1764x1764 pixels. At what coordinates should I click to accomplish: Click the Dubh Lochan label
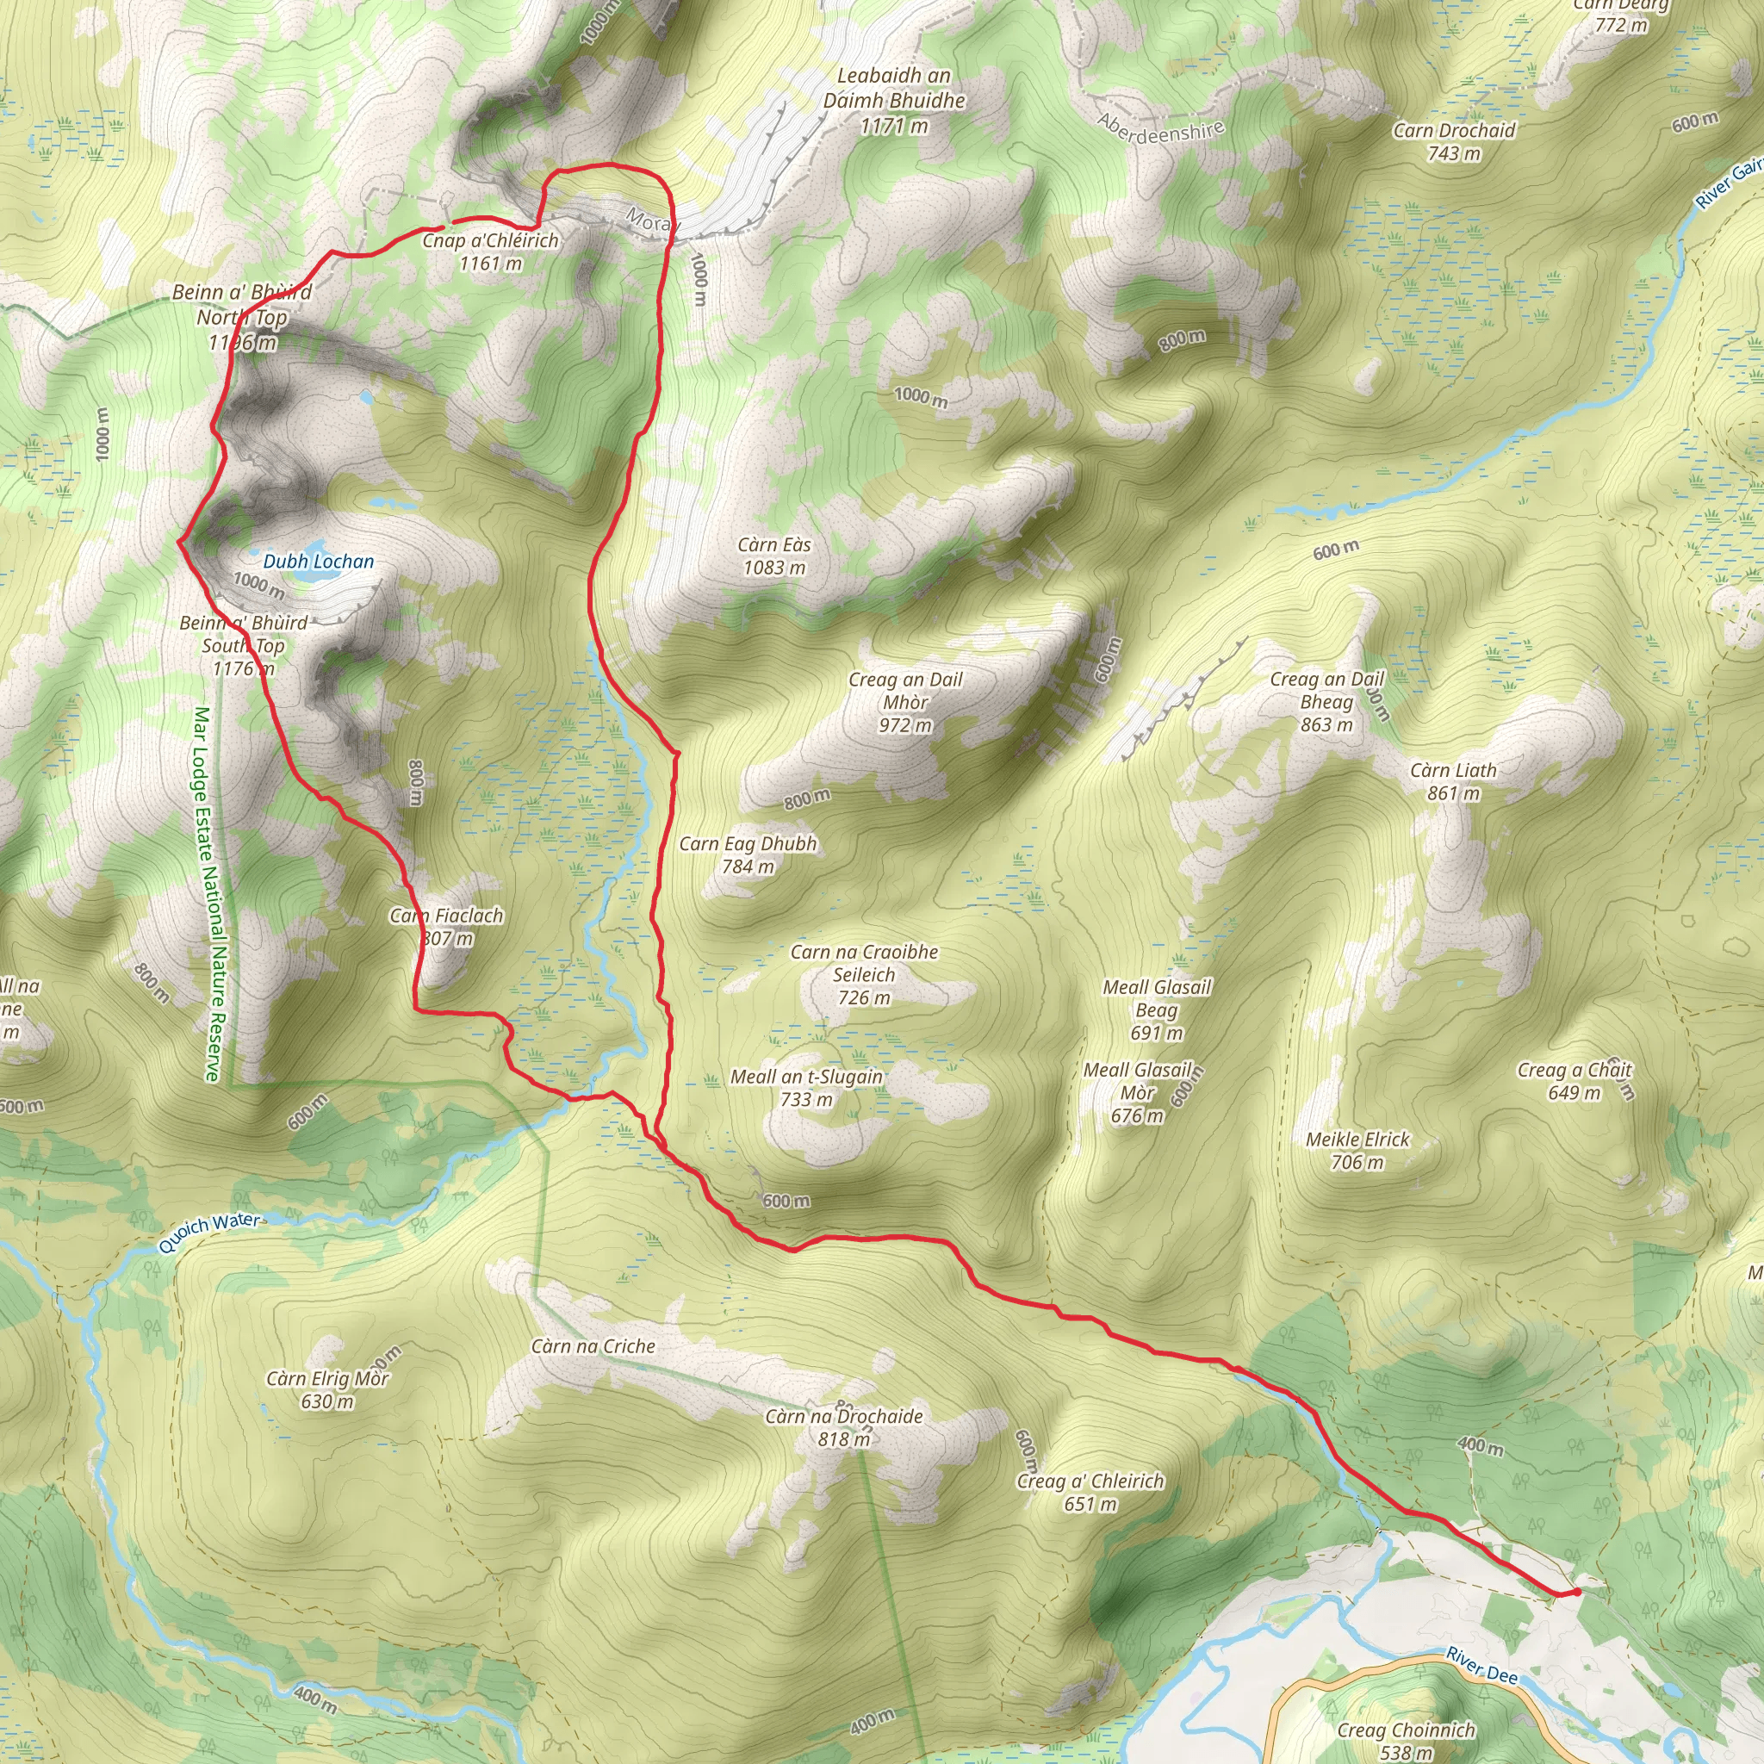[319, 562]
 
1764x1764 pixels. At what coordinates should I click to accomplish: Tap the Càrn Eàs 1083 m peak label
[774, 556]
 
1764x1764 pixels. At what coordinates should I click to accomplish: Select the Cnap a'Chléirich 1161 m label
[490, 252]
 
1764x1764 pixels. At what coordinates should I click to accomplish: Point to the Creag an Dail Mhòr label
[905, 702]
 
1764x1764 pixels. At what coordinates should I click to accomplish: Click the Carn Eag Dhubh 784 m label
[748, 854]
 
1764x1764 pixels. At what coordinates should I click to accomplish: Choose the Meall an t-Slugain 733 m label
[806, 1088]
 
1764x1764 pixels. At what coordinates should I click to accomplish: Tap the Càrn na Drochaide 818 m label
[843, 1427]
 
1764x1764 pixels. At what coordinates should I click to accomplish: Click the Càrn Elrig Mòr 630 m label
[328, 1388]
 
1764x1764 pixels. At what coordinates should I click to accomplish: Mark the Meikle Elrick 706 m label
[1357, 1151]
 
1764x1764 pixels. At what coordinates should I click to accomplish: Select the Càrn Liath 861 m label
[1454, 781]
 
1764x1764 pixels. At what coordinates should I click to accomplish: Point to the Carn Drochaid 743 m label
[1454, 141]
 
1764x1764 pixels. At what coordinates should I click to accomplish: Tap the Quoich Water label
[209, 1233]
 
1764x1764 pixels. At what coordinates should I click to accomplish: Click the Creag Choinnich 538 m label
[1406, 1740]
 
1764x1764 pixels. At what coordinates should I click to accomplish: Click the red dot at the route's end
[1577, 1593]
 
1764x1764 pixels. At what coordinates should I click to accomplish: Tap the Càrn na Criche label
[593, 1346]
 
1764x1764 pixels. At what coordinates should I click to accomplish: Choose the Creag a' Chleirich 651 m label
[1090, 1492]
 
